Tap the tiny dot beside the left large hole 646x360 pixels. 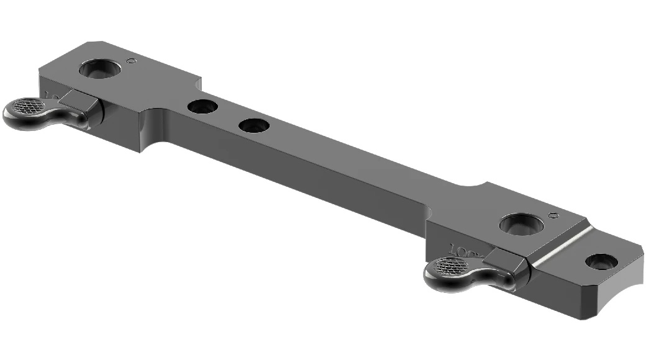click(x=130, y=61)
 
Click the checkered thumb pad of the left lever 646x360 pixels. click(x=26, y=106)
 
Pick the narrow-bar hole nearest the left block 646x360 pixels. click(x=202, y=107)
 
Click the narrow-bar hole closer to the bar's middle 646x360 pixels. click(x=254, y=126)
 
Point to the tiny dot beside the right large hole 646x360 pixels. click(x=552, y=216)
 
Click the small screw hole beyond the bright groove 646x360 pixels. click(x=601, y=261)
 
